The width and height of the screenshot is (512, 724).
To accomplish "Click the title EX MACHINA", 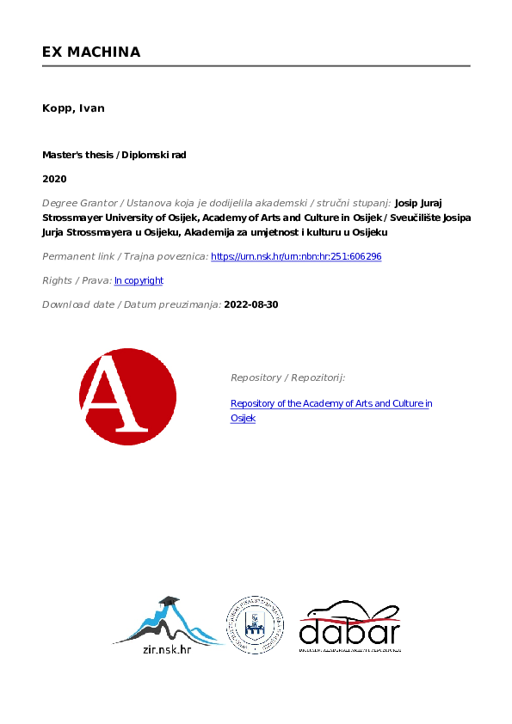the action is pos(91,52).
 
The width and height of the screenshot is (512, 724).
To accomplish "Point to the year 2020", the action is pos(54,179).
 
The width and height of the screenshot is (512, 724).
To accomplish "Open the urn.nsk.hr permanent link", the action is pos(296,256).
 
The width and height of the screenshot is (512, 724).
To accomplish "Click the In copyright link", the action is pos(139,280).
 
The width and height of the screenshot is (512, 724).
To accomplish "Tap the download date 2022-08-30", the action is pos(251,304).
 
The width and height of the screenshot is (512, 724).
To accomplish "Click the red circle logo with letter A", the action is pos(127,396).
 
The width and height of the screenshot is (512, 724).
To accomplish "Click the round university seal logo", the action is pos(255,624).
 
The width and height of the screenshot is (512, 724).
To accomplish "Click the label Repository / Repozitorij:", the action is pos(287,377).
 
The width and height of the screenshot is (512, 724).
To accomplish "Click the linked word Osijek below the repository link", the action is pos(243,418).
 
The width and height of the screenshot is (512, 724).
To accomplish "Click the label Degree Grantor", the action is pos(79,203).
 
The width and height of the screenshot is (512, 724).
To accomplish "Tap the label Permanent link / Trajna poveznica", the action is pos(124,256).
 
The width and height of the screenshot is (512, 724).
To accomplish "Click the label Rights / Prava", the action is pos(76,280).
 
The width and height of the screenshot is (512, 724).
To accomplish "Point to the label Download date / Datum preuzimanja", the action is pos(131,304).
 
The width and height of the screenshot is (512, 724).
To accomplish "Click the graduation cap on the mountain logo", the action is pos(169,601).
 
